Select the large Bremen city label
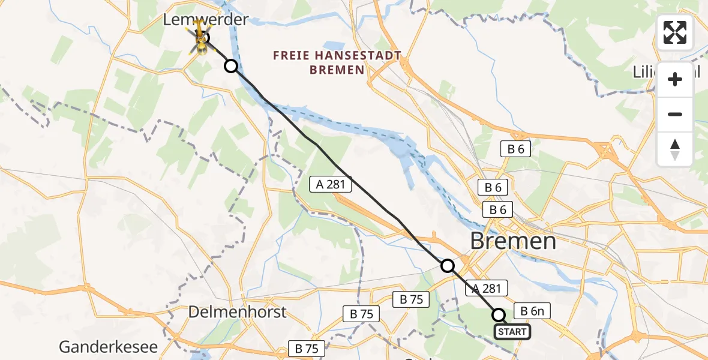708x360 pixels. click(513, 241)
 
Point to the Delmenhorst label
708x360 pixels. click(237, 312)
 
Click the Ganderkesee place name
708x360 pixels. click(108, 347)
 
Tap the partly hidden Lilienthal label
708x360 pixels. click(646, 72)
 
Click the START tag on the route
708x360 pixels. click(512, 332)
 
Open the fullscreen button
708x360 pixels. click(675, 32)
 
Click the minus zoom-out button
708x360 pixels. click(675, 114)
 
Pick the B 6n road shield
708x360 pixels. click(532, 311)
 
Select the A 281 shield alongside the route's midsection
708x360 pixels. click(331, 184)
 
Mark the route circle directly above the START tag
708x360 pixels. click(499, 314)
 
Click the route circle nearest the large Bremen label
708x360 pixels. click(448, 265)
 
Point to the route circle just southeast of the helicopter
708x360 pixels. click(231, 66)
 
